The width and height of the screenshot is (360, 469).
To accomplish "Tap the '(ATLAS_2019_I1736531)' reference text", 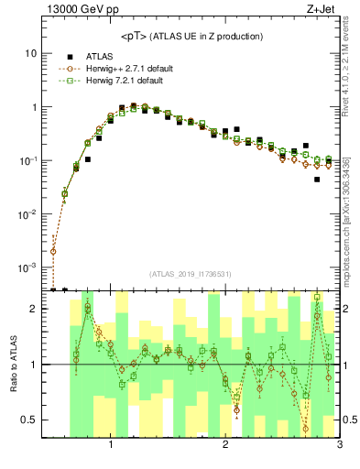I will pyautogui.click(x=191, y=274).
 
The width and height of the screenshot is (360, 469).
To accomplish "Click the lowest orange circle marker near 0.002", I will pyautogui.click(x=53, y=251).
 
